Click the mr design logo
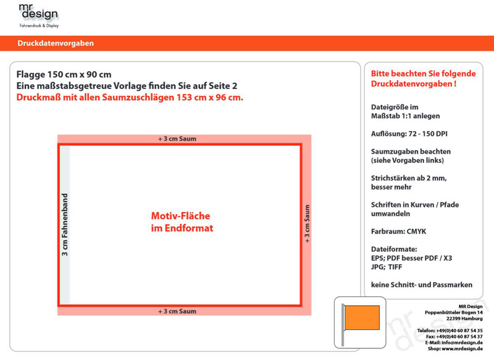(39, 16)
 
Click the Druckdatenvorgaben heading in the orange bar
(56, 43)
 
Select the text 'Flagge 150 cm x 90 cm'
(64, 75)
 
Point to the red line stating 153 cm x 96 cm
(130, 98)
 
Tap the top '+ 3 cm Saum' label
(177, 139)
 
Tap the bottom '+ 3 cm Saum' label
(177, 311)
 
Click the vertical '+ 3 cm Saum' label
(307, 224)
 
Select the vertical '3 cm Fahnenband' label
(65, 225)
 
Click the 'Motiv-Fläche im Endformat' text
(182, 222)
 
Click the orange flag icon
(362, 317)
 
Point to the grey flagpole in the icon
(343, 325)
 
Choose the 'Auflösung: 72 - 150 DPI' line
(409, 134)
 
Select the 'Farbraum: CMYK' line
(398, 232)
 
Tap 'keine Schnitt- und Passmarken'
(422, 285)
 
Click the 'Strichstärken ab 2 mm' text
(409, 178)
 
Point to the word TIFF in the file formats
(395, 267)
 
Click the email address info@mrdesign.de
(462, 343)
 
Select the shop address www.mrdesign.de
(462, 349)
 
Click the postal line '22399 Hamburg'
(464, 319)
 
